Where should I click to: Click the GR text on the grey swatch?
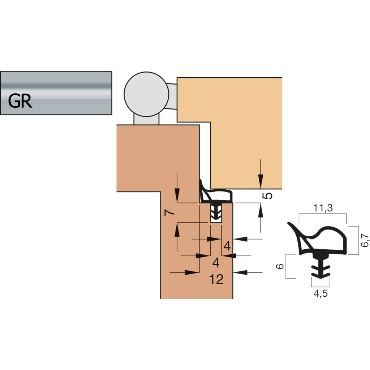[20, 101]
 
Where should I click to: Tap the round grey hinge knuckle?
[146, 94]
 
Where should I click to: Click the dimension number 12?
[216, 279]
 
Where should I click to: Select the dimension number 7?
[169, 212]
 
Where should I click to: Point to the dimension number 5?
[267, 195]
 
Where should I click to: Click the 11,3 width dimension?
[323, 208]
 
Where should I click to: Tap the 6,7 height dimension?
[365, 240]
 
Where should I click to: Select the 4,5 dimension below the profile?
[320, 293]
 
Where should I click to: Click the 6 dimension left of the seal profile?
[280, 266]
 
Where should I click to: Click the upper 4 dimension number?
[227, 246]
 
